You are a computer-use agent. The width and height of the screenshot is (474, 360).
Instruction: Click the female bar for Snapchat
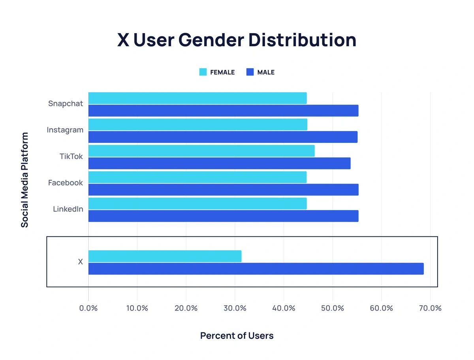click(x=197, y=98)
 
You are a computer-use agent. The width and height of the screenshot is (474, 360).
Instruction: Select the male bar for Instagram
click(x=223, y=137)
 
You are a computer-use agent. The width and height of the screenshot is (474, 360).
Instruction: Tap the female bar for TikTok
click(x=201, y=151)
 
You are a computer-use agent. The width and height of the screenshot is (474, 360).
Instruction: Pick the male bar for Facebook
click(x=223, y=190)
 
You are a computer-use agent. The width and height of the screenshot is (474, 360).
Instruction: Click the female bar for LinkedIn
click(x=197, y=204)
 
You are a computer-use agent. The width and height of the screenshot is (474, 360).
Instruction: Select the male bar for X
click(x=256, y=269)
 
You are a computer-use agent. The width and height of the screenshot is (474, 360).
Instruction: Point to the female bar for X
click(x=165, y=256)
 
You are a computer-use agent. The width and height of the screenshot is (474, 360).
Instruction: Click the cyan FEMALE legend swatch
click(x=203, y=72)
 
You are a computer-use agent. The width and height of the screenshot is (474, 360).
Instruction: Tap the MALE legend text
click(x=266, y=72)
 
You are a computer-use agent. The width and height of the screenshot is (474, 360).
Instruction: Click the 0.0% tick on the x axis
click(x=88, y=308)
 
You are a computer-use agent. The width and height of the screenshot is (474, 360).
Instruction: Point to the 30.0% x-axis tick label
click(x=235, y=308)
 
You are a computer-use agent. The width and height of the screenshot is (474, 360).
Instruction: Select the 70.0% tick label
click(x=430, y=308)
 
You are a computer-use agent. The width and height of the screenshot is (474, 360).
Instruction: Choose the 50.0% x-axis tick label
click(x=333, y=308)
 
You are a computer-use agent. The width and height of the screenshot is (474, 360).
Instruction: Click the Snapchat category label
click(x=66, y=104)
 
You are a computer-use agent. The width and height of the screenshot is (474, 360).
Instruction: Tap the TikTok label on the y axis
click(x=71, y=156)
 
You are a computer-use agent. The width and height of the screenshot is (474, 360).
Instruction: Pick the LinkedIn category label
click(x=68, y=209)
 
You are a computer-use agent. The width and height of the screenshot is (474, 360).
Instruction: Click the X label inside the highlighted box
click(x=81, y=262)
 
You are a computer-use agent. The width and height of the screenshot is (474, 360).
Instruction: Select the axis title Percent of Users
click(x=237, y=336)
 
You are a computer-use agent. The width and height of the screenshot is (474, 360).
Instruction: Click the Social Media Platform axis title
click(x=24, y=180)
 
